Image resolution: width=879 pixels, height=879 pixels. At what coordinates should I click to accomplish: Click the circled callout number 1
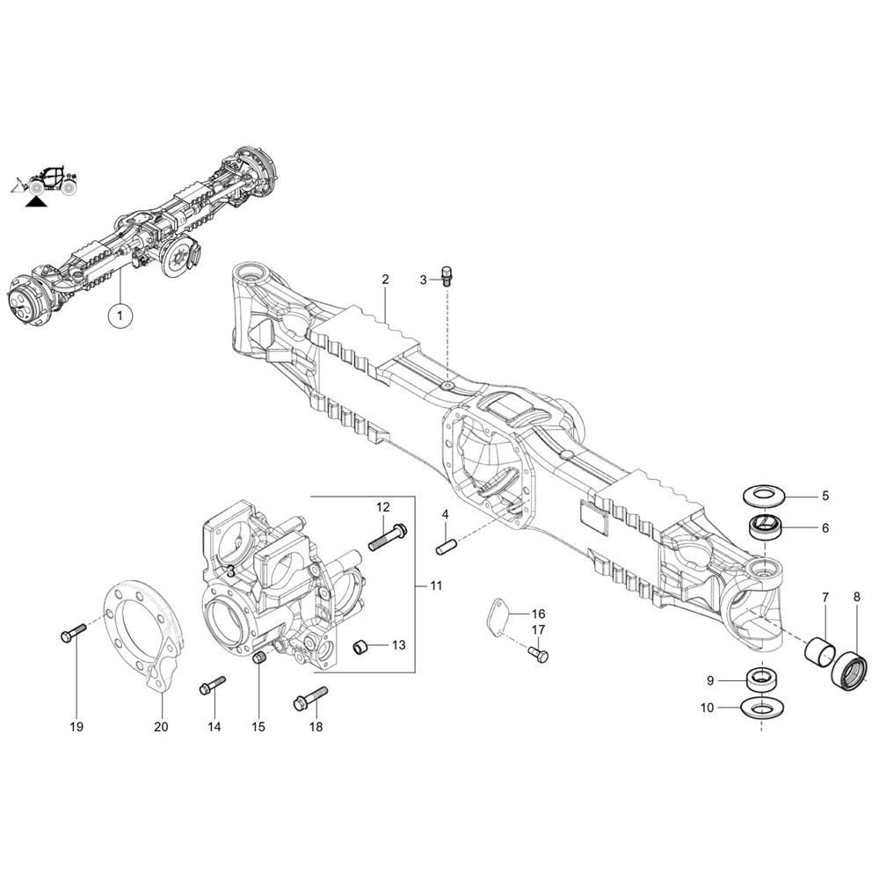120,316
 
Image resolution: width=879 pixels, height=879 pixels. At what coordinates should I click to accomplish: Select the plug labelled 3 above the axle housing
447,276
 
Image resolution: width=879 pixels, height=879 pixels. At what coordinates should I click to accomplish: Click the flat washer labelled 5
763,496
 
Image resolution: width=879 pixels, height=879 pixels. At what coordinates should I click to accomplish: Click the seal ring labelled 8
849,675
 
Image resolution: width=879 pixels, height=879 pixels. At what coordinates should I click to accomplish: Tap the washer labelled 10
762,707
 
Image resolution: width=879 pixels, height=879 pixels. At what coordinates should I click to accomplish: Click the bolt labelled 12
388,536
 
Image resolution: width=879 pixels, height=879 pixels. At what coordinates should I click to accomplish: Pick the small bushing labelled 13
360,647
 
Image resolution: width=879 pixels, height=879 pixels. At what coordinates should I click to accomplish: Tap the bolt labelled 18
310,699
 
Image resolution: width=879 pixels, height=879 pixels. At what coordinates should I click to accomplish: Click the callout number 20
161,727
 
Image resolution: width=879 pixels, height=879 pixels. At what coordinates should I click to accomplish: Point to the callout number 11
436,585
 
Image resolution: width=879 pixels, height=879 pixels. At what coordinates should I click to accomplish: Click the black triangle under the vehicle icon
36,201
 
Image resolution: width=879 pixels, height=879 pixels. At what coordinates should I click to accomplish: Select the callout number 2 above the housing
385,280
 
